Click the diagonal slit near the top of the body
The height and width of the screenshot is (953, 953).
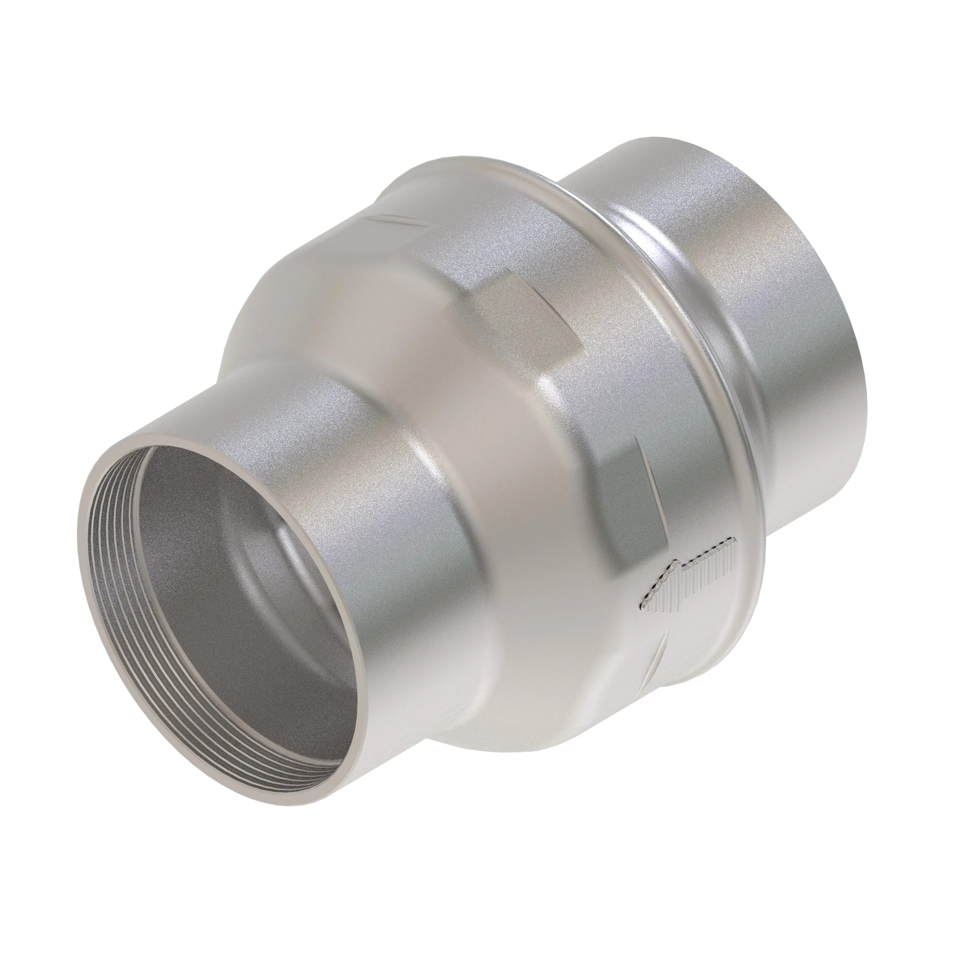(395, 220)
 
